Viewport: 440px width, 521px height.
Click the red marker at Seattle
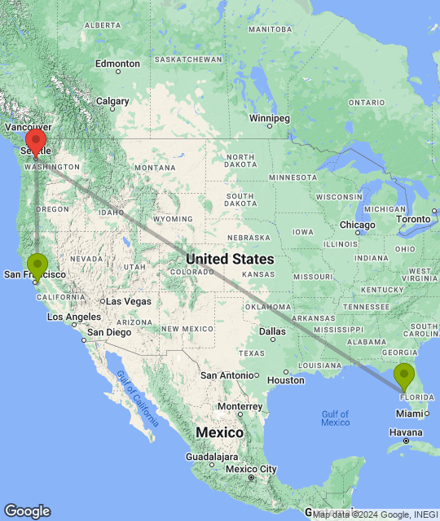(x=35, y=141)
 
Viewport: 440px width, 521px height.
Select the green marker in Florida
(x=404, y=376)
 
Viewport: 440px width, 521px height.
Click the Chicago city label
(x=357, y=225)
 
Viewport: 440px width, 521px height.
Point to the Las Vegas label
(x=129, y=301)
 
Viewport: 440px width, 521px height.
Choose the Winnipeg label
(x=269, y=118)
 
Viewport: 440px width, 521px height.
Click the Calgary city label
(x=112, y=102)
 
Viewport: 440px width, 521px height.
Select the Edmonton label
(x=117, y=63)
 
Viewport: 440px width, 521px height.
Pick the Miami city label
(x=410, y=413)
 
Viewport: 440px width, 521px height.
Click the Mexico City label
(x=252, y=469)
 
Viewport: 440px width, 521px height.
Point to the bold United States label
(x=230, y=259)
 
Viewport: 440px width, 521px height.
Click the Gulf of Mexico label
(x=335, y=418)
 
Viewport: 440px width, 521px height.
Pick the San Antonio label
(x=229, y=375)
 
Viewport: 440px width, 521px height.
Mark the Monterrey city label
(x=239, y=406)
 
